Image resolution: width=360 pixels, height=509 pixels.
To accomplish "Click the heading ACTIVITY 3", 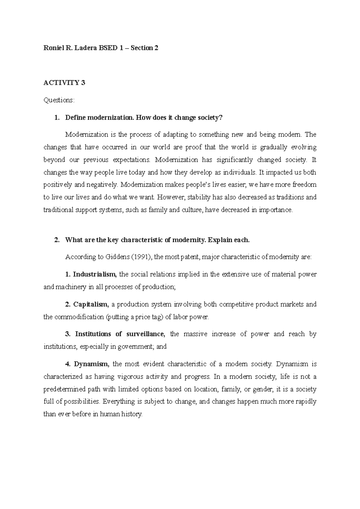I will click(64, 83).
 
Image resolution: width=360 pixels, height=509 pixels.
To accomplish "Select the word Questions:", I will click(59, 100).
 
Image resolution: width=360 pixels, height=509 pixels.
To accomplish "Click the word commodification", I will click(79, 317).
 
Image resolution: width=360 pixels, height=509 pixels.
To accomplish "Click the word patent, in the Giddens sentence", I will click(191, 257).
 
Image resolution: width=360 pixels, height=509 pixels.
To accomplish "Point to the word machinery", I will click(70, 287).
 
